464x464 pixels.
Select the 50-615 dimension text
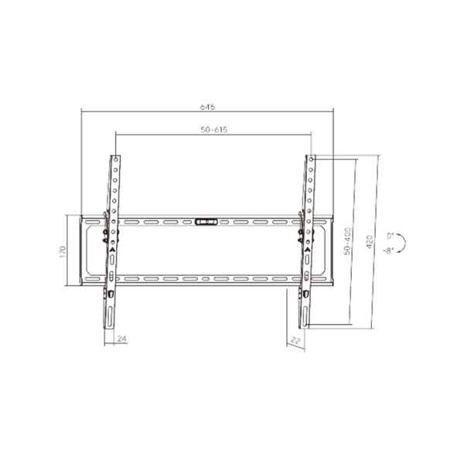tap(213, 129)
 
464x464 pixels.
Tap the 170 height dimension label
tap(69, 252)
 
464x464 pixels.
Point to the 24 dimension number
tap(121, 339)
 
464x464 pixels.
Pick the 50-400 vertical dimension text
tap(348, 241)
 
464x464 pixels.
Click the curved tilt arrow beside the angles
tap(406, 242)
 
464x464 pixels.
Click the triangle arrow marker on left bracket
tap(112, 250)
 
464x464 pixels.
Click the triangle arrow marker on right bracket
tap(308, 250)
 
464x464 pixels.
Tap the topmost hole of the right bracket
tap(312, 161)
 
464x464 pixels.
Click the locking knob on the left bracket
tap(105, 233)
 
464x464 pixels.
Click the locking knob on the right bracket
tap(302, 233)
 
